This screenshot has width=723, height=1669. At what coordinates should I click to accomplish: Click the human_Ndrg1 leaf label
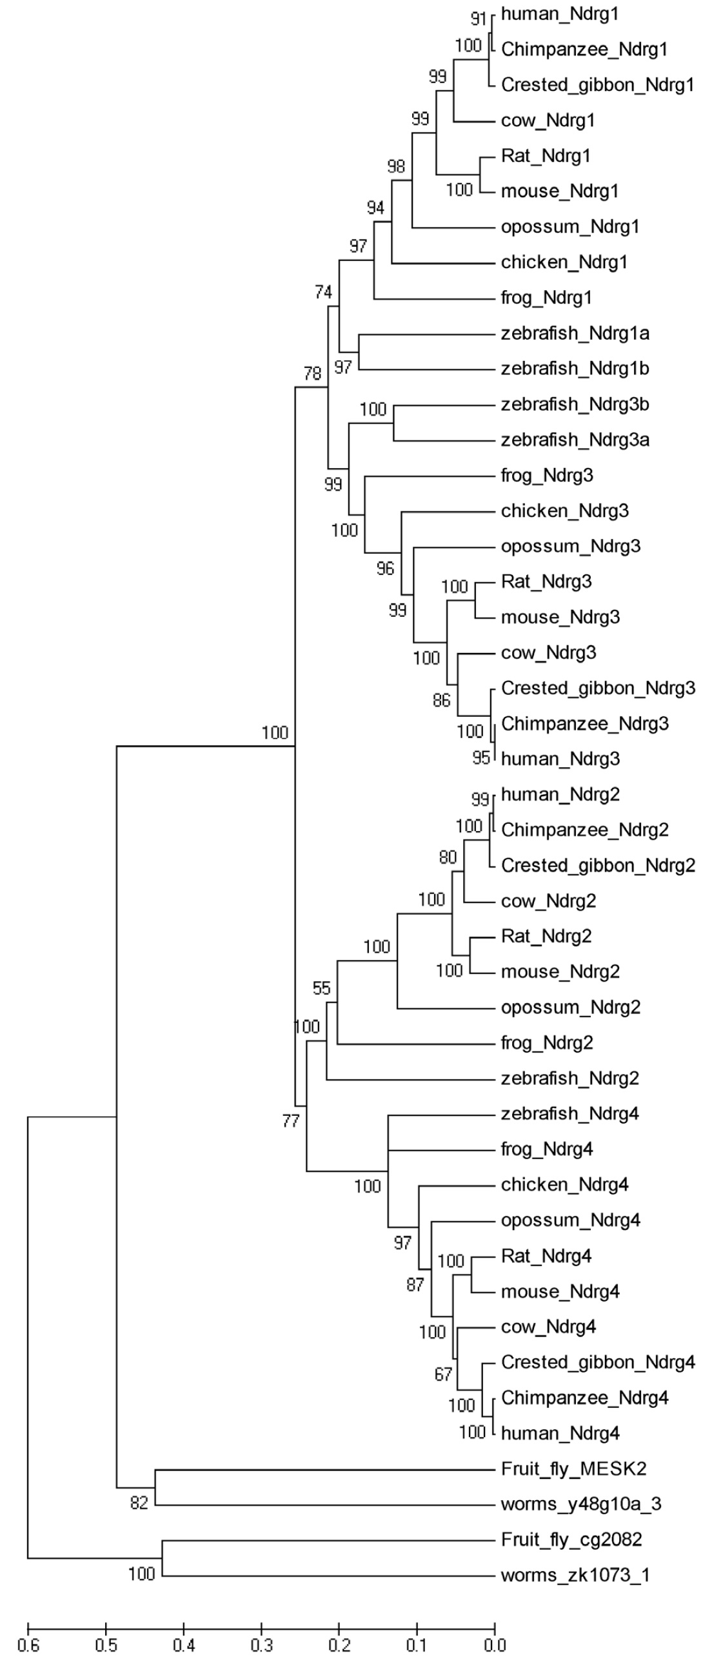pyautogui.click(x=560, y=14)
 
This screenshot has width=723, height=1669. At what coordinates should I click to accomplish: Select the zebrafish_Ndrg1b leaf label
pyautogui.click(x=575, y=369)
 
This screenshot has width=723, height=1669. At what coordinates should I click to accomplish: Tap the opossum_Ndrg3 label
pyautogui.click(x=571, y=546)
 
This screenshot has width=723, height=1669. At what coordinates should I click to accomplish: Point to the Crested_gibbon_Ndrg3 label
pyautogui.click(x=598, y=688)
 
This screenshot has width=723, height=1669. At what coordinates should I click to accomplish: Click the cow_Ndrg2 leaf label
pyautogui.click(x=548, y=901)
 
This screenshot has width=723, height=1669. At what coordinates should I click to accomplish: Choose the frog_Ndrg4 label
pyautogui.click(x=547, y=1149)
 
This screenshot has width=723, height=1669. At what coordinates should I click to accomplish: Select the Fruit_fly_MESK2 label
pyautogui.click(x=574, y=1469)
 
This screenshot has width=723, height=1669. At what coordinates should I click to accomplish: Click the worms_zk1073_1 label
pyautogui.click(x=575, y=1575)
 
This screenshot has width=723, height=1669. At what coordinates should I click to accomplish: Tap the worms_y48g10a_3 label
pyautogui.click(x=581, y=1504)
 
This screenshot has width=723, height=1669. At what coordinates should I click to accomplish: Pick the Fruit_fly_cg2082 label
pyautogui.click(x=571, y=1539)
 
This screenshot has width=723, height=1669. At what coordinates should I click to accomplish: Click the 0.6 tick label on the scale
pyautogui.click(x=28, y=1645)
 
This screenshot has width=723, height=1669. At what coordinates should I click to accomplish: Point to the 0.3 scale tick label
pyautogui.click(x=261, y=1645)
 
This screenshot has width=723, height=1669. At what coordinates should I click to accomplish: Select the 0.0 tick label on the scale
pyautogui.click(x=495, y=1645)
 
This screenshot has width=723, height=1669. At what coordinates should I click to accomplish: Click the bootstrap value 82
pyautogui.click(x=139, y=1503)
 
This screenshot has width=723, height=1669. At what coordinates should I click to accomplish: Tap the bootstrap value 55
pyautogui.click(x=322, y=988)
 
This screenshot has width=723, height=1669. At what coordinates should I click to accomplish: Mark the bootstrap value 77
pyautogui.click(x=291, y=1121)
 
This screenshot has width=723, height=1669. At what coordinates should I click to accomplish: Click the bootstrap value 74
pyautogui.click(x=324, y=292)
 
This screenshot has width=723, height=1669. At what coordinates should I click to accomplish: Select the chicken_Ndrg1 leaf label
pyautogui.click(x=564, y=262)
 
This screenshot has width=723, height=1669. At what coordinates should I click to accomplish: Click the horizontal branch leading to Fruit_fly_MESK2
pyautogui.click(x=324, y=1469)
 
